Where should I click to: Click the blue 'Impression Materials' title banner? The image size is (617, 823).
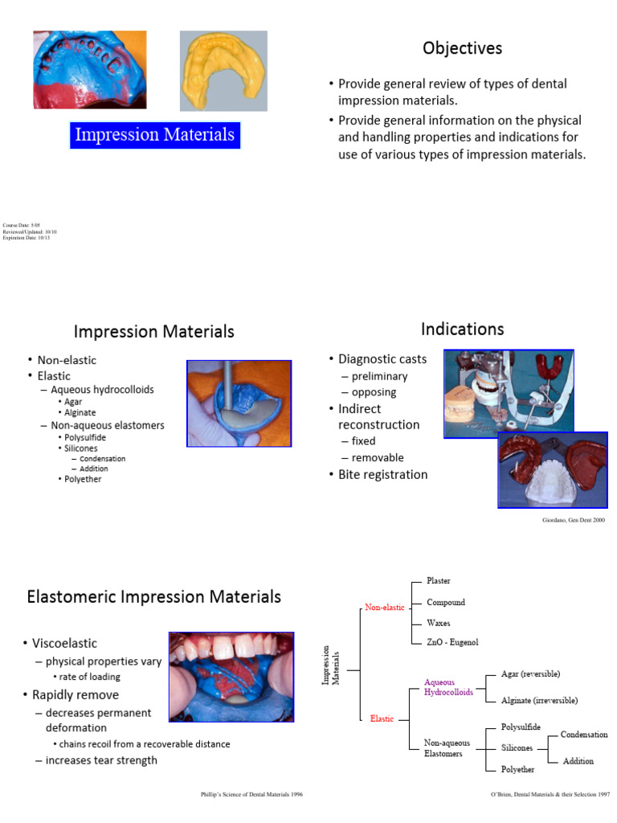pyautogui.click(x=154, y=134)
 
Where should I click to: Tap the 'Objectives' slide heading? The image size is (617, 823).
pyautogui.click(x=462, y=48)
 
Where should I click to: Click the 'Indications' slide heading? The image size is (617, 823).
pyautogui.click(x=462, y=329)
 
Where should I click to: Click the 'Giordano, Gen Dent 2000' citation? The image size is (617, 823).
pyautogui.click(x=573, y=521)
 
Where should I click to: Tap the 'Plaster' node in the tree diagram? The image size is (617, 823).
pyautogui.click(x=438, y=581)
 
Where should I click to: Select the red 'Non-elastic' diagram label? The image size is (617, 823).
pyautogui.click(x=385, y=608)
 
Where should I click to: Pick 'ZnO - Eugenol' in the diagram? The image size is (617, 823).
pyautogui.click(x=452, y=642)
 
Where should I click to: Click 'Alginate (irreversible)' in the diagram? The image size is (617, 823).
pyautogui.click(x=538, y=700)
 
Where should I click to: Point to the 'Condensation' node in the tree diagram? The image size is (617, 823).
pyautogui.click(x=584, y=735)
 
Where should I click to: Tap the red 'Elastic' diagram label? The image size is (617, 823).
pyautogui.click(x=382, y=719)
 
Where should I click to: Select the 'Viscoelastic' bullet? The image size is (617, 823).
pyautogui.click(x=64, y=643)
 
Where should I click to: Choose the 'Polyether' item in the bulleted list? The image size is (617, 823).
pyautogui.click(x=83, y=479)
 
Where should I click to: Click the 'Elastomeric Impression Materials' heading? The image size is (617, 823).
pyautogui.click(x=153, y=597)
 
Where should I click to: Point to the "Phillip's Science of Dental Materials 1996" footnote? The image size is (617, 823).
pyautogui.click(x=251, y=794)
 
